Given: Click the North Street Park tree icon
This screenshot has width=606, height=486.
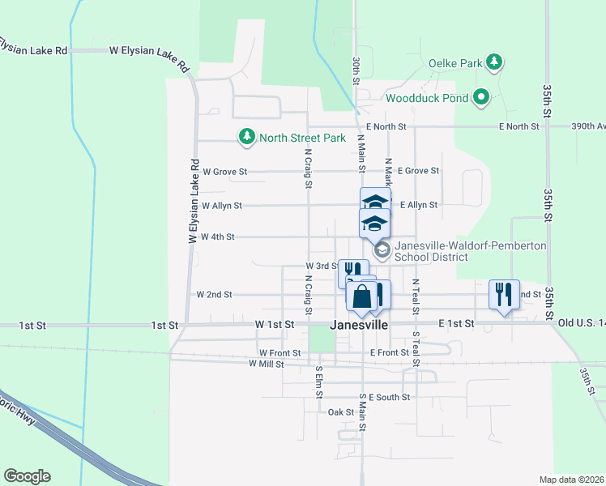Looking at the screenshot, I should point(247,137).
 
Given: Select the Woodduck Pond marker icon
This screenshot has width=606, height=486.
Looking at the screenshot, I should point(481,98).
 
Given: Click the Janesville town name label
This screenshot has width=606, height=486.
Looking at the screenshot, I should point(360,325).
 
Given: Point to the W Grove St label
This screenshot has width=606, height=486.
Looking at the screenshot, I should point(224,172).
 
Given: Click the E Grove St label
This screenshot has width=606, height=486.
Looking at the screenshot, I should point(418,171).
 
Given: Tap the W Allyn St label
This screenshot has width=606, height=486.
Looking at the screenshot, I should point(221,206).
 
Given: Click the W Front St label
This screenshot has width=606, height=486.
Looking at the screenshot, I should point(280,353).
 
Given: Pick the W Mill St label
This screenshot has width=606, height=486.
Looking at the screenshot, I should point(267,364).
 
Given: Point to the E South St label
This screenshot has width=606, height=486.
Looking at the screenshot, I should point(389,398).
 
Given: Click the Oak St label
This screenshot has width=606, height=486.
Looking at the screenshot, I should point(341,412).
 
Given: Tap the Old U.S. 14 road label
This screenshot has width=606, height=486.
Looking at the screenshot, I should point(582,324).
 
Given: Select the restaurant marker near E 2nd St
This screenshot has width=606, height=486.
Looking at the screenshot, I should point(504,294).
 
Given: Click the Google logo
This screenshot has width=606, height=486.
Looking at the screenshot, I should point(27,476).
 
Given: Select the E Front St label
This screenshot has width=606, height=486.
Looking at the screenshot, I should point(389,353).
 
